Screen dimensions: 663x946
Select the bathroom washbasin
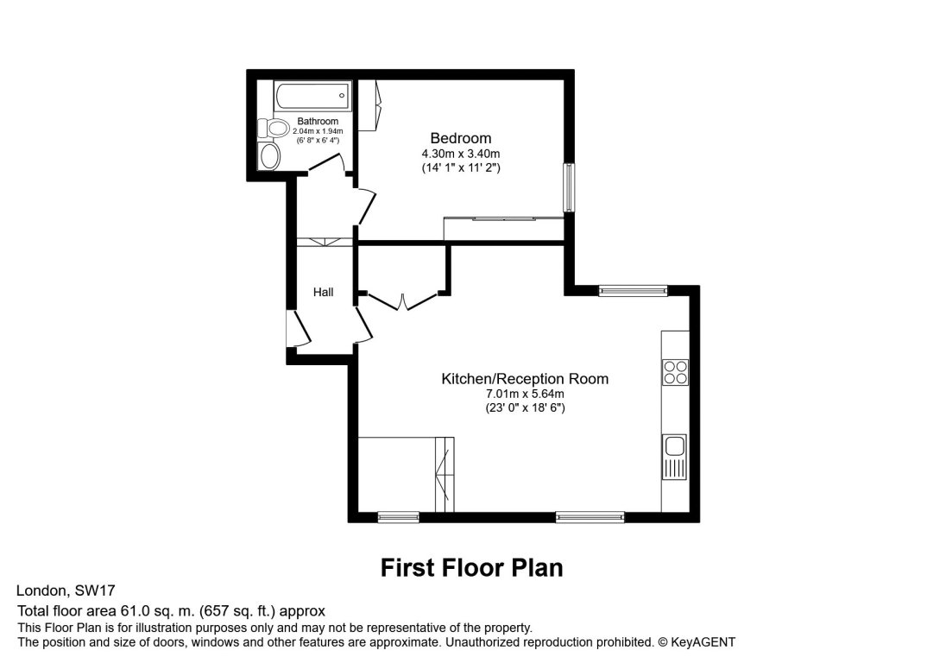click(x=270, y=156)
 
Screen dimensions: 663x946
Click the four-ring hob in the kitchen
click(x=675, y=371)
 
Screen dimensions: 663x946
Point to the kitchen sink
click(x=675, y=447)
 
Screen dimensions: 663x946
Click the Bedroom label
click(x=461, y=138)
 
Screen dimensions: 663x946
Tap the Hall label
click(x=324, y=293)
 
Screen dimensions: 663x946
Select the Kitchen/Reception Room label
click(x=525, y=378)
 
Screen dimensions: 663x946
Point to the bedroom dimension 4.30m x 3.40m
click(x=461, y=154)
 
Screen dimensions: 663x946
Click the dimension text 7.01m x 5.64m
click(x=525, y=395)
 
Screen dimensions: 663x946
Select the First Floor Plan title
click(x=472, y=567)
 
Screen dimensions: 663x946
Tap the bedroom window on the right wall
click(x=569, y=186)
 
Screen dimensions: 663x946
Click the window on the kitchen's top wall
click(x=634, y=291)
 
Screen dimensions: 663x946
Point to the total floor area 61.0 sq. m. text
click(x=171, y=611)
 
